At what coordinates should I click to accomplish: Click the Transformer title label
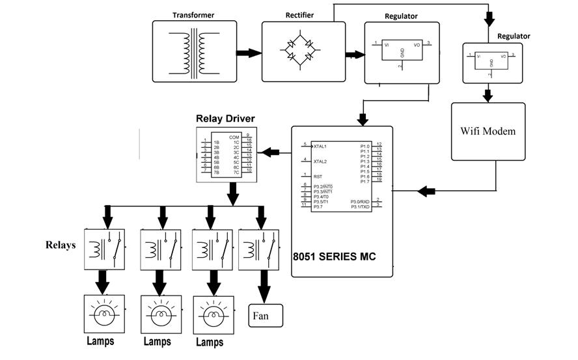point(194,14)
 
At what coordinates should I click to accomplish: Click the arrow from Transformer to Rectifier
point(248,53)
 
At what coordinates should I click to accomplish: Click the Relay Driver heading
point(225,118)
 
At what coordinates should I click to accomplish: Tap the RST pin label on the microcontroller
point(318,176)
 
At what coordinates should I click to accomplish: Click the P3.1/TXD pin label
point(359,206)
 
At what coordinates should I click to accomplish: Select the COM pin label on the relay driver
point(234,137)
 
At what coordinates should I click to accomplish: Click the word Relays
point(61,245)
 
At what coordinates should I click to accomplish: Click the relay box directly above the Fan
point(259,249)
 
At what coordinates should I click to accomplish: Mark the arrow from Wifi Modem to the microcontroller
point(426,191)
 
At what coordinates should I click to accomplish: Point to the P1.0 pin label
point(365,146)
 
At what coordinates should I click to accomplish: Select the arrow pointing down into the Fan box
point(264,285)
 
